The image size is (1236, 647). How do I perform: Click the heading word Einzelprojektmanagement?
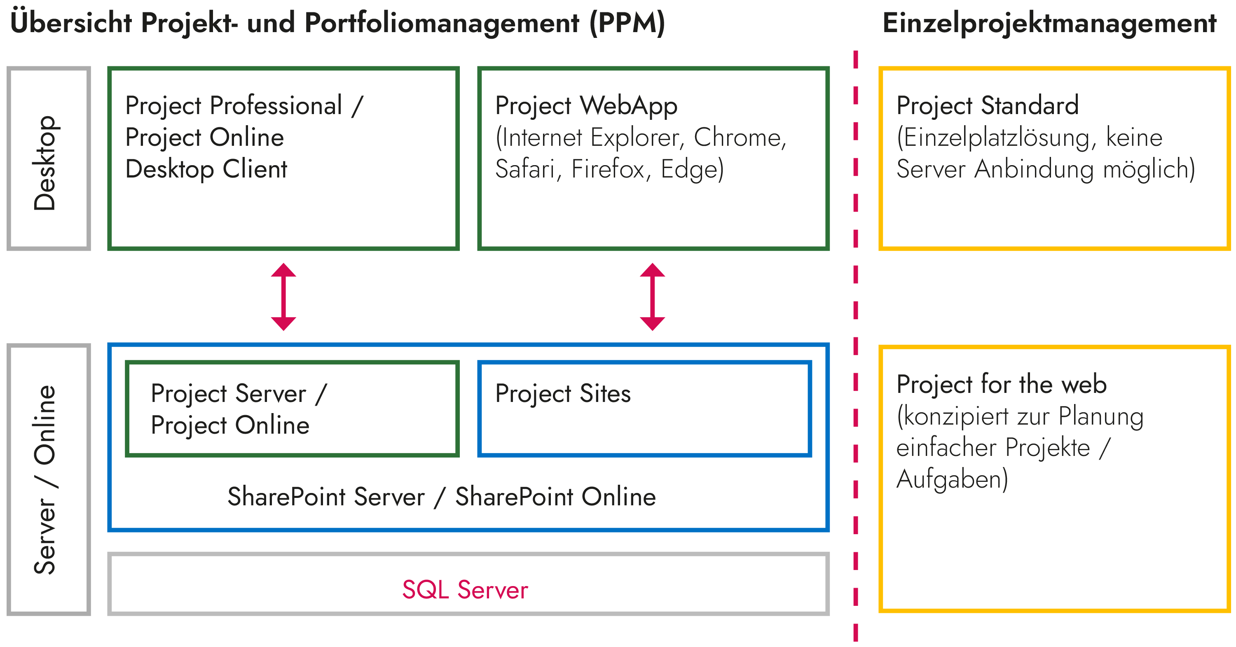pos(1049,23)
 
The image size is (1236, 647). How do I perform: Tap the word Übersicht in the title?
pos(71,23)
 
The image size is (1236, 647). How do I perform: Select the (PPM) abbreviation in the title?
pos(627,23)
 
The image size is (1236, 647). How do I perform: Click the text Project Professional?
pos(234,105)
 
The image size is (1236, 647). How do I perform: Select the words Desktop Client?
pos(206,169)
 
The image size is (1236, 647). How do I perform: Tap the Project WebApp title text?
pos(586,105)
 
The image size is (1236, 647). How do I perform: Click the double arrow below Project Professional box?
pos(283,297)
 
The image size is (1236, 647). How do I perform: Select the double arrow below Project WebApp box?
pos(652,297)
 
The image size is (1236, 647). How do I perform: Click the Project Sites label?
pos(563,393)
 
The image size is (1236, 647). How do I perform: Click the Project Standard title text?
pos(987,105)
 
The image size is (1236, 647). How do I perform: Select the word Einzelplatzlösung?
pos(996,138)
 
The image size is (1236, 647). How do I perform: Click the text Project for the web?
pos(1002,384)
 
